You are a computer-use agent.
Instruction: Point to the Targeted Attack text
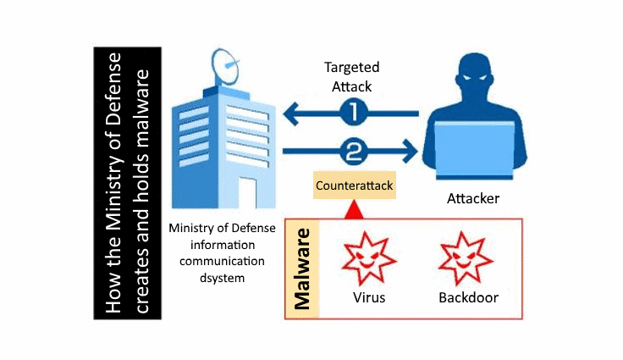point(352,75)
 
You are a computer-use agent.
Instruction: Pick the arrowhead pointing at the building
point(289,111)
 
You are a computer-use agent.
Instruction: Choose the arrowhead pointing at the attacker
point(413,152)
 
